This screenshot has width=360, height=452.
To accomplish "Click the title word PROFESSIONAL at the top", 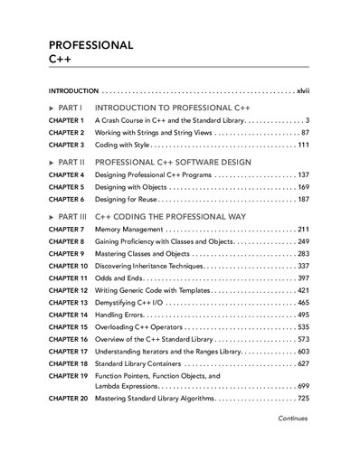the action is point(90,44).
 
